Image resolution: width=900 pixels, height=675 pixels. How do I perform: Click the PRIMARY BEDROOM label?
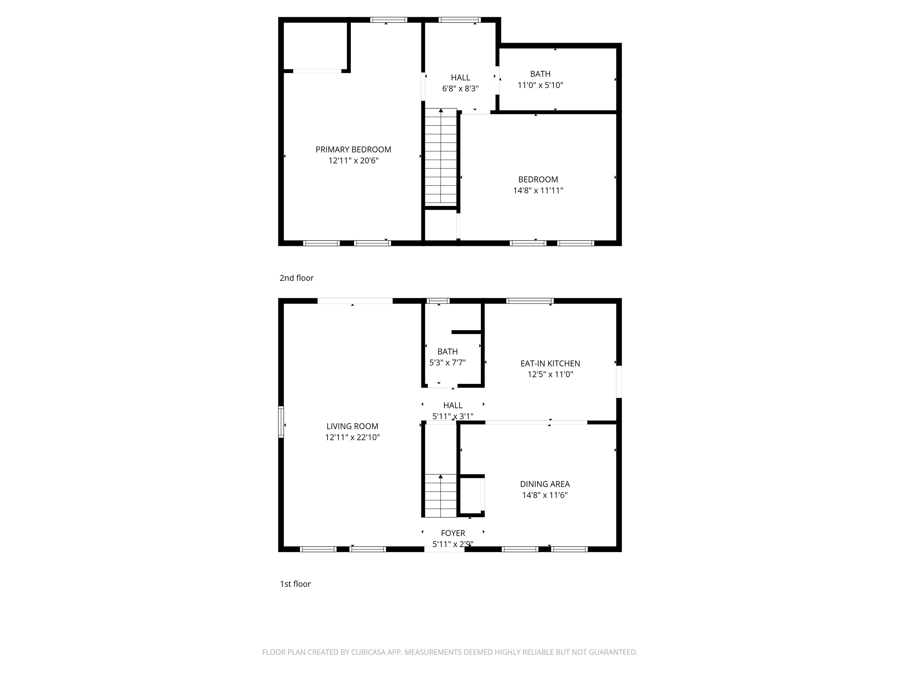click(x=353, y=149)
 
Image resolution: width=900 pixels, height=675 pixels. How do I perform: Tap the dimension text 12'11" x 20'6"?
click(x=353, y=161)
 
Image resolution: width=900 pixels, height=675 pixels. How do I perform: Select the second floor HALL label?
click(x=460, y=77)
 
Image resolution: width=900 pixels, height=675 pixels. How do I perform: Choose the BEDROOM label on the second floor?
click(x=538, y=179)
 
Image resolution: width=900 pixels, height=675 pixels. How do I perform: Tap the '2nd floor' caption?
click(x=296, y=278)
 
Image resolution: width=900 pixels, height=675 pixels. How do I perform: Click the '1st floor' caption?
click(x=295, y=584)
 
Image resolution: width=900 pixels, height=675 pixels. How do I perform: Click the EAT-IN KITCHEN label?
click(x=550, y=363)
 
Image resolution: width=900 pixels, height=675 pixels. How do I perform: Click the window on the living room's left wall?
click(x=281, y=422)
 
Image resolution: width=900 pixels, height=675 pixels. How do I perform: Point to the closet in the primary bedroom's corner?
click(x=315, y=46)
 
